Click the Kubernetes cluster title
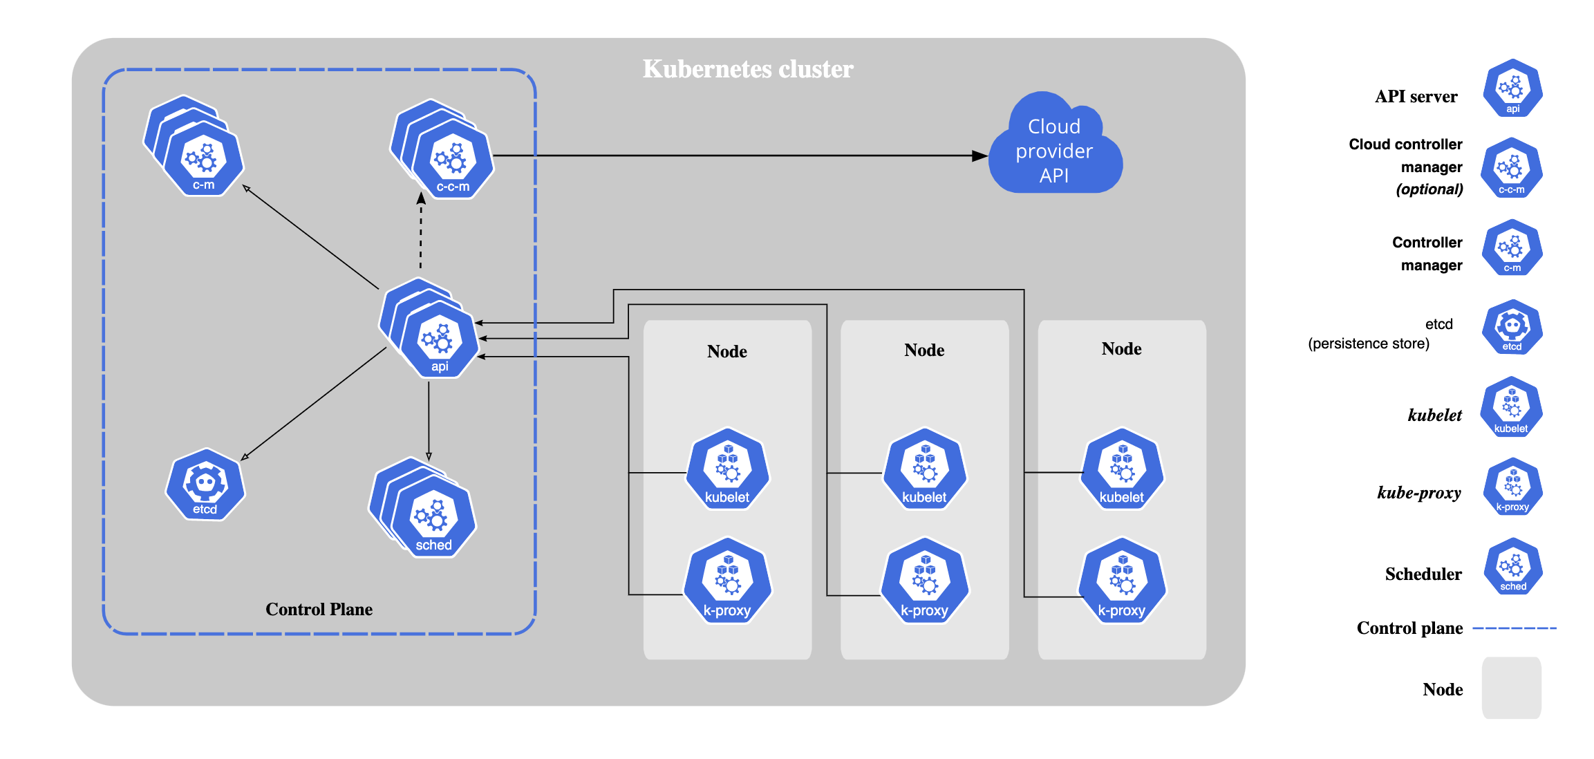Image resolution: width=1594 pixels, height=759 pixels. point(748,69)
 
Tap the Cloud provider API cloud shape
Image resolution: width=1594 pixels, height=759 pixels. point(1055,143)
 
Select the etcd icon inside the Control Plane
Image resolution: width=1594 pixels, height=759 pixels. point(205,485)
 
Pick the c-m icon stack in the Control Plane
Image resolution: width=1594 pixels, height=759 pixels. point(194,146)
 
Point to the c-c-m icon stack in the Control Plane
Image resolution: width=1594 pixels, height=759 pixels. point(442,149)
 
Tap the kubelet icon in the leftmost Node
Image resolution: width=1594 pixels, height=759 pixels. point(727,470)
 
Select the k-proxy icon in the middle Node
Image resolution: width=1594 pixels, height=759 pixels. point(925,581)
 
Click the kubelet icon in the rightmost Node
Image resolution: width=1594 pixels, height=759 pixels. point(1122,470)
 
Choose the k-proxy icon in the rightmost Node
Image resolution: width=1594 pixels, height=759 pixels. point(1122,581)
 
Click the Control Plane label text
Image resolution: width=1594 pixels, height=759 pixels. point(319,609)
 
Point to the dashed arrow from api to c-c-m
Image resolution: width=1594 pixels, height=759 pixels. point(421,231)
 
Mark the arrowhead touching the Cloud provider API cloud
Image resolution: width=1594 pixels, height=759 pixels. point(979,156)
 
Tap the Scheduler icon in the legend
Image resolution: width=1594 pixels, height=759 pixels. point(1512,567)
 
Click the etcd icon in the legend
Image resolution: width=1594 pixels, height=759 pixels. point(1512,328)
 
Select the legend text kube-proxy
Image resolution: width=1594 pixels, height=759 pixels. point(1419,493)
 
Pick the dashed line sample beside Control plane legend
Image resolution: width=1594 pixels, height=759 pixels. point(1515,628)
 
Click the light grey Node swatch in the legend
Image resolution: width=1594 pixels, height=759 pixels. point(1512,688)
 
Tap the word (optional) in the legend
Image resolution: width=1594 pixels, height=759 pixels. point(1429,189)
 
